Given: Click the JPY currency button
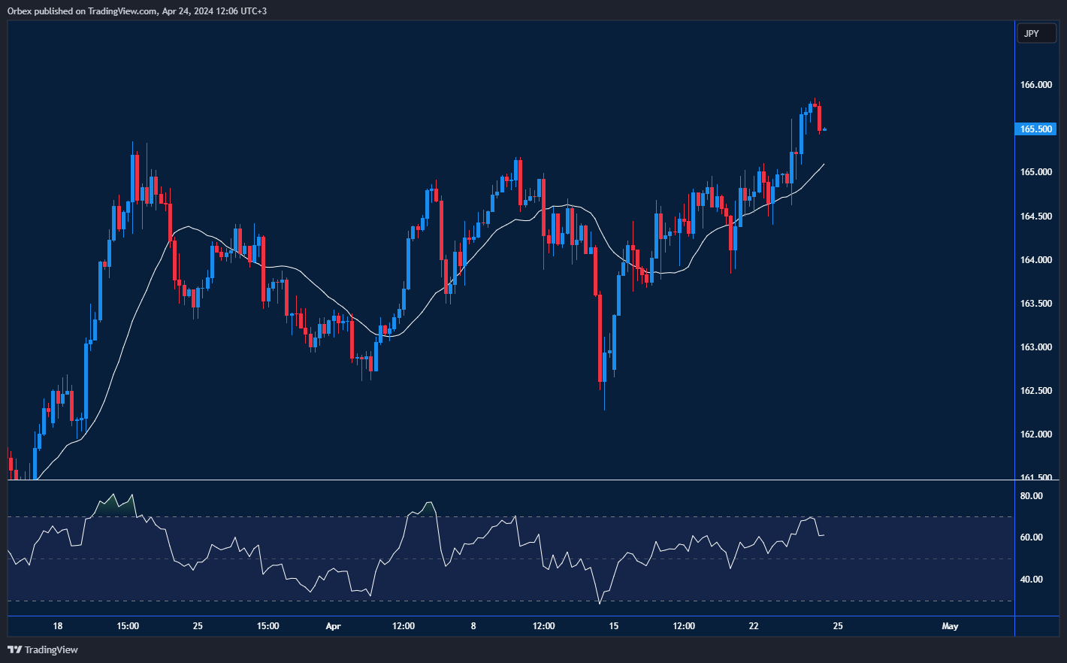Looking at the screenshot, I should pos(1035,34).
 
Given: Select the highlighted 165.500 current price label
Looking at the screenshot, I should pos(1036,129).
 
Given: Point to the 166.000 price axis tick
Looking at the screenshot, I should pos(1035,85).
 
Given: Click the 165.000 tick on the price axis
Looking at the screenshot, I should pos(1035,172).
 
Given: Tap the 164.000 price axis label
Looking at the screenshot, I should pos(1035,260).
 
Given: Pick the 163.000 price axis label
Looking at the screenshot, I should pos(1035,347).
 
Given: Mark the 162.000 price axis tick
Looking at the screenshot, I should pos(1035,434).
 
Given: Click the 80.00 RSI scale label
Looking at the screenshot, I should pos(1031,496).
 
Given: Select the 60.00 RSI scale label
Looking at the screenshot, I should pos(1031,537).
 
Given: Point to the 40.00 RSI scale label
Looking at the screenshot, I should pos(1031,580).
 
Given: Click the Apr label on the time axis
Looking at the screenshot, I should pos(333,626).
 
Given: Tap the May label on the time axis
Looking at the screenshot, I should pos(950,626).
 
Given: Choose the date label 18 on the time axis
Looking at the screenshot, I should pos(58,626).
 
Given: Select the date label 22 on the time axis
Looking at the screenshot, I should pos(754,626).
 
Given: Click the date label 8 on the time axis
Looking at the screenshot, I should pos(473,626).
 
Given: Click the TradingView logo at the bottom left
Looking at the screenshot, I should pos(43,649).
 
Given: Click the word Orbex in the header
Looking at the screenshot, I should pos(20,11).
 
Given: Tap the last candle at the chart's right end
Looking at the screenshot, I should pos(824,129).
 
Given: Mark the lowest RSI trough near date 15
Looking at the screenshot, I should pos(600,603).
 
